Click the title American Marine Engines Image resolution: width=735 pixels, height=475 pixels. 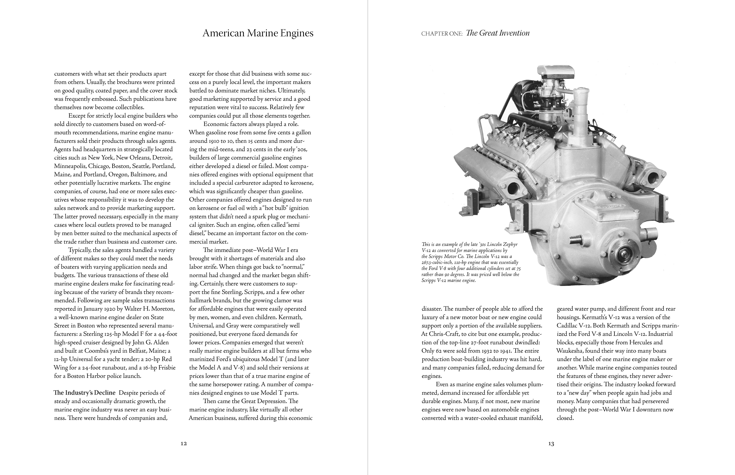(x=258, y=33)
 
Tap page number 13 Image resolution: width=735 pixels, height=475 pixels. (x=551, y=444)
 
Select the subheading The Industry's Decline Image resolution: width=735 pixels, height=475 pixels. (x=84, y=393)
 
